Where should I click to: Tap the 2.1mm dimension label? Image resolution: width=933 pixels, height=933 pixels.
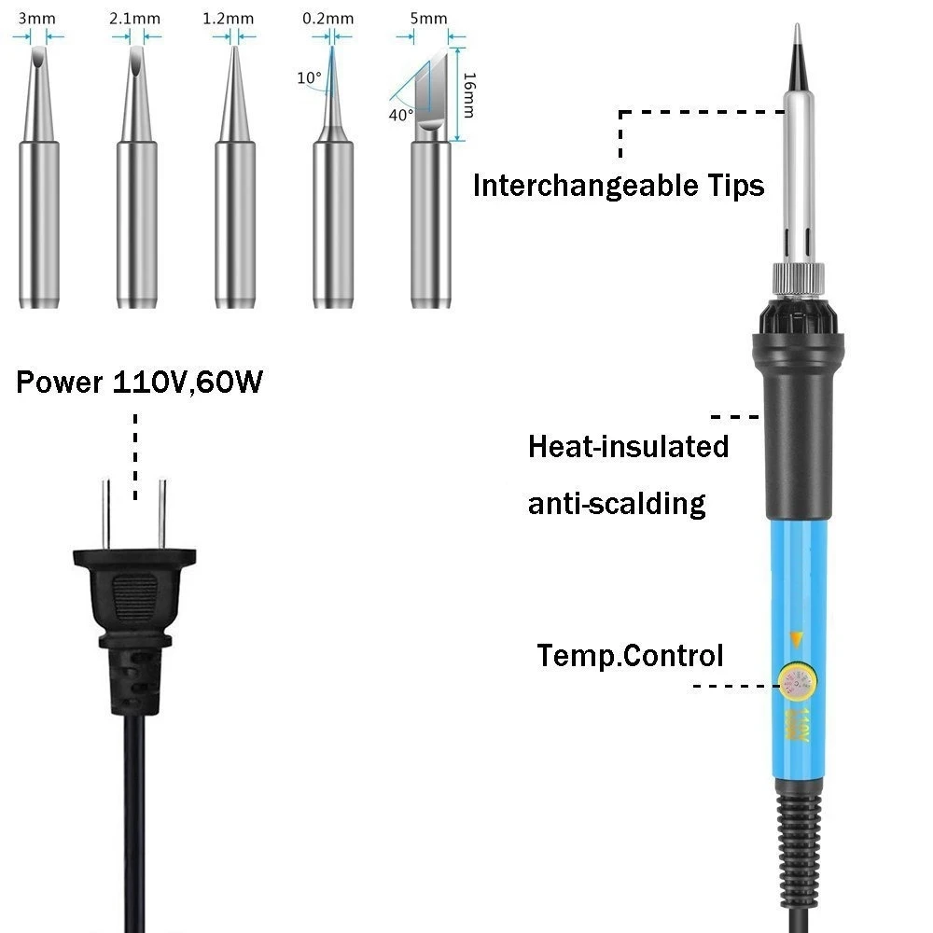point(136,18)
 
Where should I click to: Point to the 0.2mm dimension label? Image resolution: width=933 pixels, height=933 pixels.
point(328,18)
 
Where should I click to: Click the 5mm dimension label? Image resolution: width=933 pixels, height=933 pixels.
point(429,18)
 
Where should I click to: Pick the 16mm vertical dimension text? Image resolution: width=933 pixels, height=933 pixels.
point(468,95)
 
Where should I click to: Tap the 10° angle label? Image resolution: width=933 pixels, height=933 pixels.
point(309,78)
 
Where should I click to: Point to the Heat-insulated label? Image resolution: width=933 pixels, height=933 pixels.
point(628,446)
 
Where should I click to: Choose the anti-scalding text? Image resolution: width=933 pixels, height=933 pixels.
point(617,504)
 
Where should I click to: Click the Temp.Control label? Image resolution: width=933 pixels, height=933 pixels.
point(630,655)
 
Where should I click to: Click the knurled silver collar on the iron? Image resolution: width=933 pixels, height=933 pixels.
point(798,279)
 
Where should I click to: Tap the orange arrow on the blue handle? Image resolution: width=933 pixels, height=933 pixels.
point(796,638)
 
